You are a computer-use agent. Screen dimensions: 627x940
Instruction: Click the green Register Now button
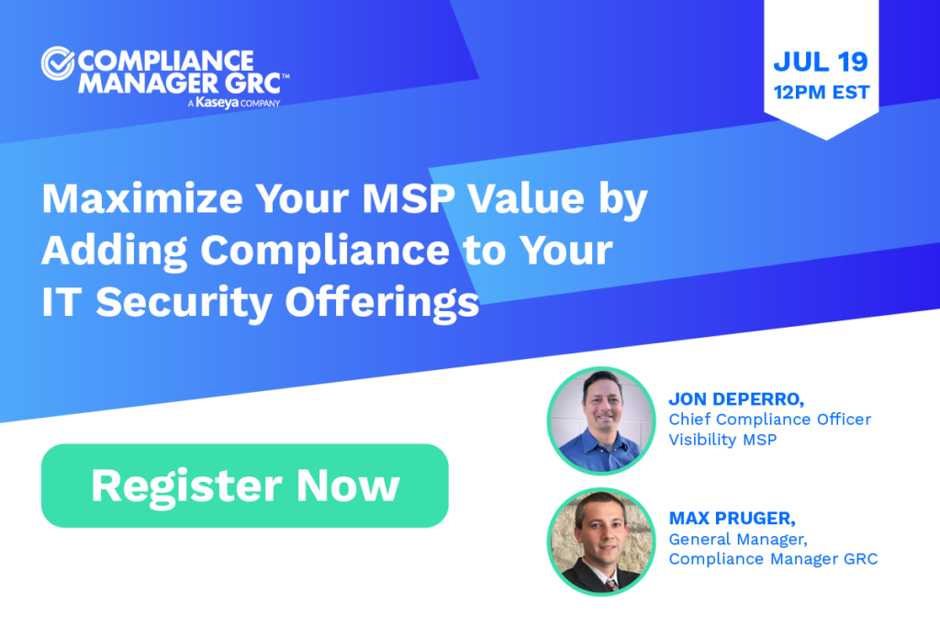pos(244,486)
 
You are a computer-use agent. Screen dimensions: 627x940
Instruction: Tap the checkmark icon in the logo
pos(57,64)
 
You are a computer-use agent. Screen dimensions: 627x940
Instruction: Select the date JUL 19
pos(820,62)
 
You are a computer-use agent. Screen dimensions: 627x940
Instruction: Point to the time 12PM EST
pos(820,92)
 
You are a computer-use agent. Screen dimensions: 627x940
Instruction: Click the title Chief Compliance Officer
pos(769,420)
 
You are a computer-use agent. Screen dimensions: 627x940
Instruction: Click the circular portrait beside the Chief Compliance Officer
pos(600,420)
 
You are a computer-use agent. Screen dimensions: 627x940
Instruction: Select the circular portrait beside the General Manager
pos(600,542)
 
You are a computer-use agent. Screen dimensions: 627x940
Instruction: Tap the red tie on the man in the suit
pos(610,584)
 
